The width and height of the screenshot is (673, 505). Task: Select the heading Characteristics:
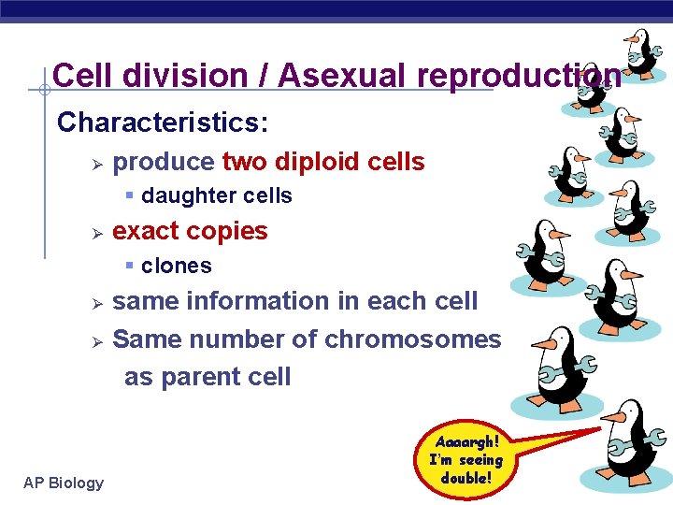point(163,123)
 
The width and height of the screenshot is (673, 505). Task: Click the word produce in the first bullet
point(164,162)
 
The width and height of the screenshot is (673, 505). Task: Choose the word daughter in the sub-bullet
point(178,196)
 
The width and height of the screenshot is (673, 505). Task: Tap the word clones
point(177,266)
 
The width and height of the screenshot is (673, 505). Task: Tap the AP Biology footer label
point(64,483)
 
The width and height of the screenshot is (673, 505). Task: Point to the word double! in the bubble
point(466,478)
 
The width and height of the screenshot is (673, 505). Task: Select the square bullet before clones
point(130,266)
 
